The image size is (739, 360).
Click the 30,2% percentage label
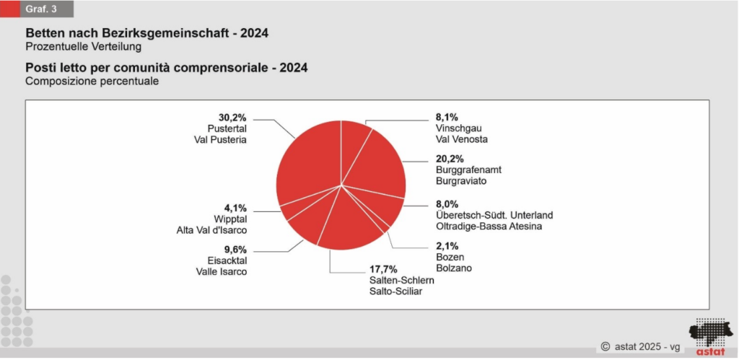[x=232, y=116]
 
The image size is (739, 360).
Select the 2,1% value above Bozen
[x=447, y=245]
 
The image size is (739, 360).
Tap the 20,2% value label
[x=450, y=159]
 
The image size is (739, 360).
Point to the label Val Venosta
[x=462, y=139]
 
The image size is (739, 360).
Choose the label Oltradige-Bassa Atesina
[x=489, y=227]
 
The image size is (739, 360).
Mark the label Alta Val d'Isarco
[x=211, y=229]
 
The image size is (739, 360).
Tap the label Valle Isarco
[x=222, y=271]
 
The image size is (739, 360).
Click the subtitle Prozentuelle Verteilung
[x=83, y=47]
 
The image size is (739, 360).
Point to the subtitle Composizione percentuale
[x=92, y=82]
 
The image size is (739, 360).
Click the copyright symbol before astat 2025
[x=606, y=347]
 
